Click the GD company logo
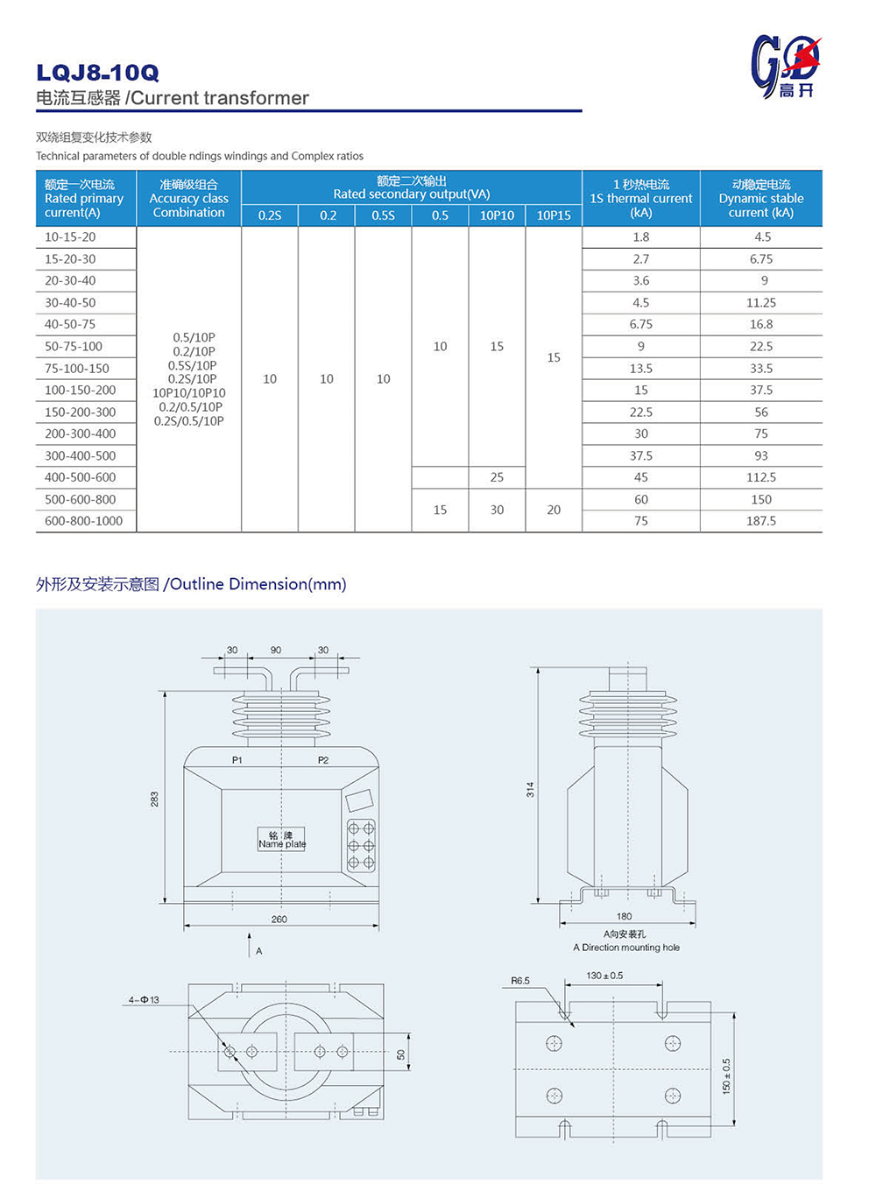point(786,67)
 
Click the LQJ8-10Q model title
point(98,73)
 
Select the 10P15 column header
point(554,215)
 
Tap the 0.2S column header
point(270,215)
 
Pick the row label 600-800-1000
point(84,521)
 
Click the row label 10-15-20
point(70,237)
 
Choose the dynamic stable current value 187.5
point(761,521)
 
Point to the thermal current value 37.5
point(641,455)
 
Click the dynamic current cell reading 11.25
point(761,302)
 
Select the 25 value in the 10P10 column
point(497,477)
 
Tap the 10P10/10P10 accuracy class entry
point(189,393)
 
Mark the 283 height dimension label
point(154,799)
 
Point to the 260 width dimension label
point(279,919)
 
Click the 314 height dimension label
point(530,789)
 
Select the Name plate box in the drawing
point(281,840)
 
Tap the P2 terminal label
point(323,760)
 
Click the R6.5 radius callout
point(520,981)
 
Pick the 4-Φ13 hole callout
point(145,999)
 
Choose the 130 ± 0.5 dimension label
point(604,976)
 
